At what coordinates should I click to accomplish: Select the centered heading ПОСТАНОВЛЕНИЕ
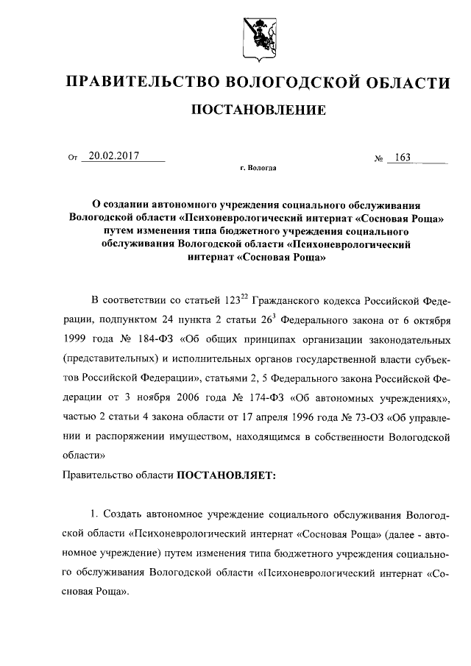[x=258, y=111]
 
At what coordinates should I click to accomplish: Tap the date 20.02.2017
[x=115, y=156]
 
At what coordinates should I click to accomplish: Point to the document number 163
[x=403, y=157]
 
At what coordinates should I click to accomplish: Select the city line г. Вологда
[x=258, y=169]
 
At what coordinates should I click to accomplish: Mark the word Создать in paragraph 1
[x=127, y=514]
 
